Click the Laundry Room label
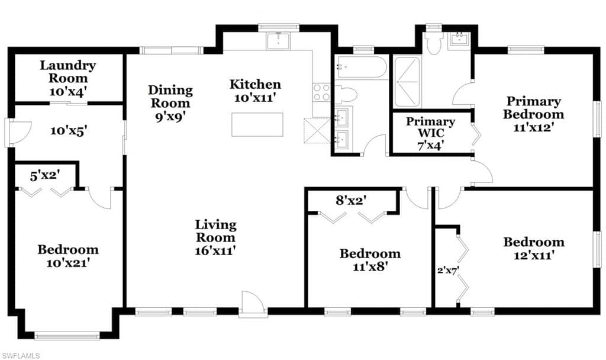67,72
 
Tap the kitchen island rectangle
257,124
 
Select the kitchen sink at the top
278,41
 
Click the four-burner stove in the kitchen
321,92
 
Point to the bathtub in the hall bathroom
361,67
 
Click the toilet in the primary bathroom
433,42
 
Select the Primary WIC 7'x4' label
431,133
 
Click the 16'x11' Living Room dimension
215,250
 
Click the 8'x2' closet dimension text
351,200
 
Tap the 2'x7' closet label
448,270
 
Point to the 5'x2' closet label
45,175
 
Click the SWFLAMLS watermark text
21,356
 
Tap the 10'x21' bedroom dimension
69,263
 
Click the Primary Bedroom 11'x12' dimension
534,127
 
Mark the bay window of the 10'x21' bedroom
67,336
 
